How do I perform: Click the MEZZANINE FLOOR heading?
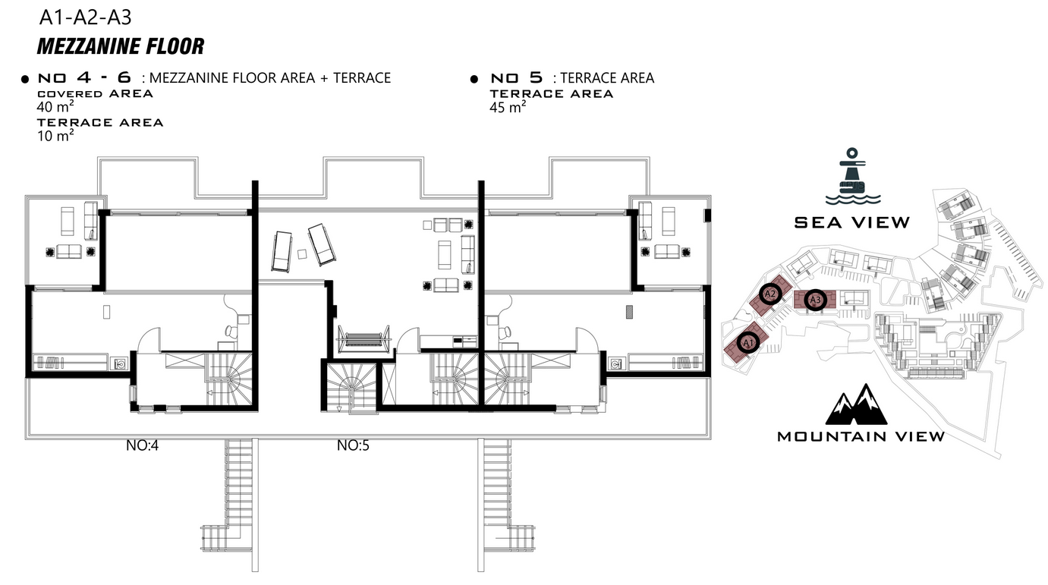pos(121,46)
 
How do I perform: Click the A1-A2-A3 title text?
pos(85,17)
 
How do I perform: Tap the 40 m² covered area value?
pos(55,107)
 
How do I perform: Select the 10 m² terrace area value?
pos(55,136)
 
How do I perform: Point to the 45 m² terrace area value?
pos(508,107)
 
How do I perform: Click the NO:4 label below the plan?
pos(142,445)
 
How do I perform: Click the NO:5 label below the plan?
pos(353,445)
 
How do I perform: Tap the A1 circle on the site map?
pos(747,343)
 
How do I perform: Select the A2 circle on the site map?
pos(769,294)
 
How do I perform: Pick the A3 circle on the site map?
pos(815,300)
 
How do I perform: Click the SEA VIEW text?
pos(852,222)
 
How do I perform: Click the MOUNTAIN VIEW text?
pos(861,436)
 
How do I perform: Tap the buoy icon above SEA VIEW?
pos(852,176)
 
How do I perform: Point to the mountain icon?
pos(856,404)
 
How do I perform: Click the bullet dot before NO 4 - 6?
pos(25,79)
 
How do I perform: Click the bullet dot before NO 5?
pos(474,79)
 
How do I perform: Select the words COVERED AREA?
pos(95,93)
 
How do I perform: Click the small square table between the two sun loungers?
pos(302,254)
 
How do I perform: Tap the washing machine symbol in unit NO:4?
pos(120,363)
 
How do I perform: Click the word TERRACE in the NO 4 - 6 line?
pos(362,77)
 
